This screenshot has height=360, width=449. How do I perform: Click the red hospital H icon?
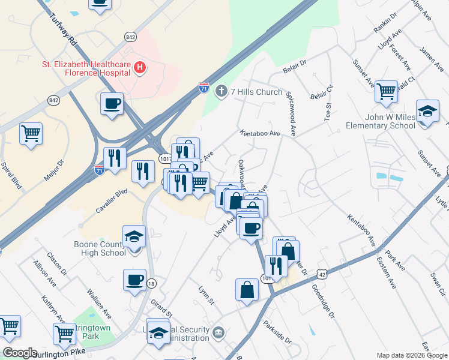pos(140,68)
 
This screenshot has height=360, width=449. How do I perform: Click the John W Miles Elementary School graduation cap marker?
pos(427,112)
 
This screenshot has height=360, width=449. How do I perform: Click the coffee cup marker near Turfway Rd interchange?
pos(112,104)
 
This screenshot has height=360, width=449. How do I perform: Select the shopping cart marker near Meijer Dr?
pos(31,134)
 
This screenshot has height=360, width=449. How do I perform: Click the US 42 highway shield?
pos(323,274)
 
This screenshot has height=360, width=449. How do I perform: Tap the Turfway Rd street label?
pos(65,30)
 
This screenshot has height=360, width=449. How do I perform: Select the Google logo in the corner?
pos(20,353)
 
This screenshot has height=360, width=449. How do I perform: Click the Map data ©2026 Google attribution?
pos(412,355)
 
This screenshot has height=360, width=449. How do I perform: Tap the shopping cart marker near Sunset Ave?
pos(386,92)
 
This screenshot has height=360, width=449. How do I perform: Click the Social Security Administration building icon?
pos(218,332)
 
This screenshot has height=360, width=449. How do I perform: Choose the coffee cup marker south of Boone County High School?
pos(134,280)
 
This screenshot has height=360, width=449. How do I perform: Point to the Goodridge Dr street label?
pos(322,301)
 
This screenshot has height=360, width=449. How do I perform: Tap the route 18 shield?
pos(151,283)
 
